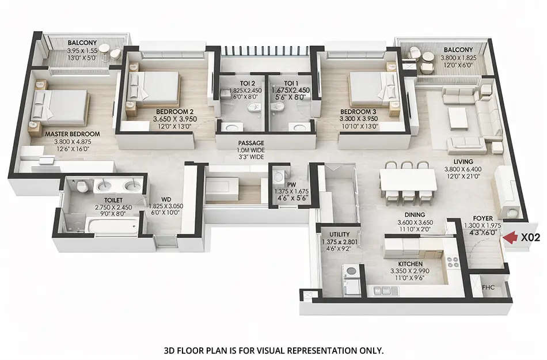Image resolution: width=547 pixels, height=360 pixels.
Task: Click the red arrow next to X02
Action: [x=509, y=237]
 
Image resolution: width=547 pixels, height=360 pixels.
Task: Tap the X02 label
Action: [x=530, y=237]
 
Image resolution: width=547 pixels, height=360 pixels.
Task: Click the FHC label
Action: [x=488, y=286]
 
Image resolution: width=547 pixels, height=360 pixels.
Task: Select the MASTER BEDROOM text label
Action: [x=73, y=134]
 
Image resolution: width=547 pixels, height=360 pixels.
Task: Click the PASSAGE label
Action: [x=252, y=143]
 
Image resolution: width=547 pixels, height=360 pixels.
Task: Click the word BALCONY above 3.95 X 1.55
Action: [x=82, y=43]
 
